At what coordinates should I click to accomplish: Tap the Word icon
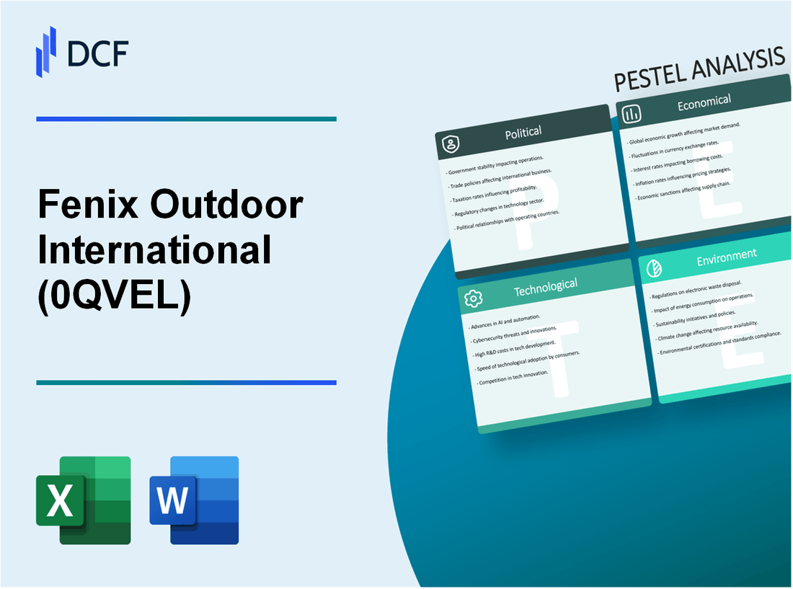(x=194, y=500)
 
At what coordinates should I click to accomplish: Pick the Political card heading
(x=524, y=132)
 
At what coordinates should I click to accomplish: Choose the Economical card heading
(x=704, y=103)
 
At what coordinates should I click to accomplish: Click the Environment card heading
(x=727, y=254)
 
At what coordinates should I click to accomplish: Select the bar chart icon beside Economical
(x=632, y=114)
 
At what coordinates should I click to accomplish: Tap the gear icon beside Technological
(x=473, y=298)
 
